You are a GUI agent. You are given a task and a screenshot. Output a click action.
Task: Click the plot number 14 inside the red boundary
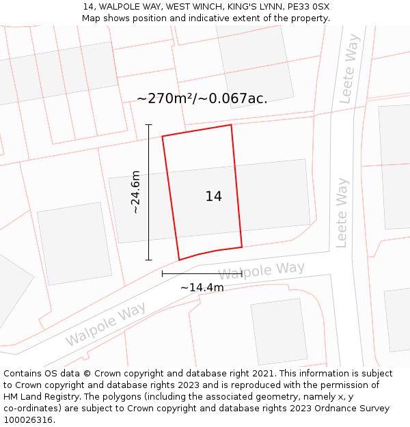click(213, 197)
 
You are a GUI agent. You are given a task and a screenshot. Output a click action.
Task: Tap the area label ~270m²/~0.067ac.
click(202, 98)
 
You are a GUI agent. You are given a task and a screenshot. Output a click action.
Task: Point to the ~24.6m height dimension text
click(135, 192)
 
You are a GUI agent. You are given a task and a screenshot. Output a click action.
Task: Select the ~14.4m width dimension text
click(202, 288)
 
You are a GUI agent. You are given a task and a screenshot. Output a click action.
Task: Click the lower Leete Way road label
click(342, 212)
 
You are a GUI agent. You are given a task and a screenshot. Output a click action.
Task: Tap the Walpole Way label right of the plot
click(261, 271)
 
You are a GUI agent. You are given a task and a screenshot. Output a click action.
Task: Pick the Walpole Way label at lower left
click(106, 327)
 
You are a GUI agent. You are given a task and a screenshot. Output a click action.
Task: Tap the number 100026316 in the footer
click(29, 420)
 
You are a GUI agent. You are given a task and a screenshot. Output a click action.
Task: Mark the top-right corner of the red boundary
click(231, 124)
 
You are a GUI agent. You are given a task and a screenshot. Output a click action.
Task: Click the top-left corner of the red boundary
click(162, 137)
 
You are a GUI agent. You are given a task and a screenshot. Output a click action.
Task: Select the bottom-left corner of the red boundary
click(179, 260)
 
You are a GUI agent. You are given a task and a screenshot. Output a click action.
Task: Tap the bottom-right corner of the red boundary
click(242, 247)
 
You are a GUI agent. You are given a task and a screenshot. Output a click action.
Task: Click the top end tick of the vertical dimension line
click(149, 124)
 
